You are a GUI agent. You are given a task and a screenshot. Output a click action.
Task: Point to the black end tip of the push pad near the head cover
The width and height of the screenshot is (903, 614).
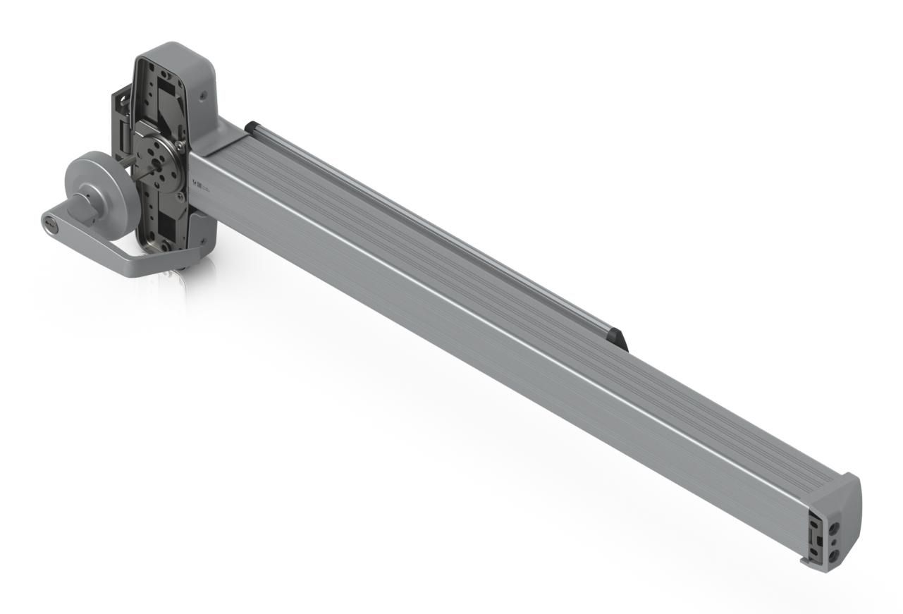[x=249, y=126]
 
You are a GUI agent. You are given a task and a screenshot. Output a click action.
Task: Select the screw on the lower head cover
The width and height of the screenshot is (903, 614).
[x=204, y=241]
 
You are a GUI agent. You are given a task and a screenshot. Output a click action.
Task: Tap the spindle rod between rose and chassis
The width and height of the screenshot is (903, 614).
[x=124, y=167]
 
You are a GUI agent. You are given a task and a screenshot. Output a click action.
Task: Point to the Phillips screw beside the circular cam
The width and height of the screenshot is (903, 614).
[x=183, y=145]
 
